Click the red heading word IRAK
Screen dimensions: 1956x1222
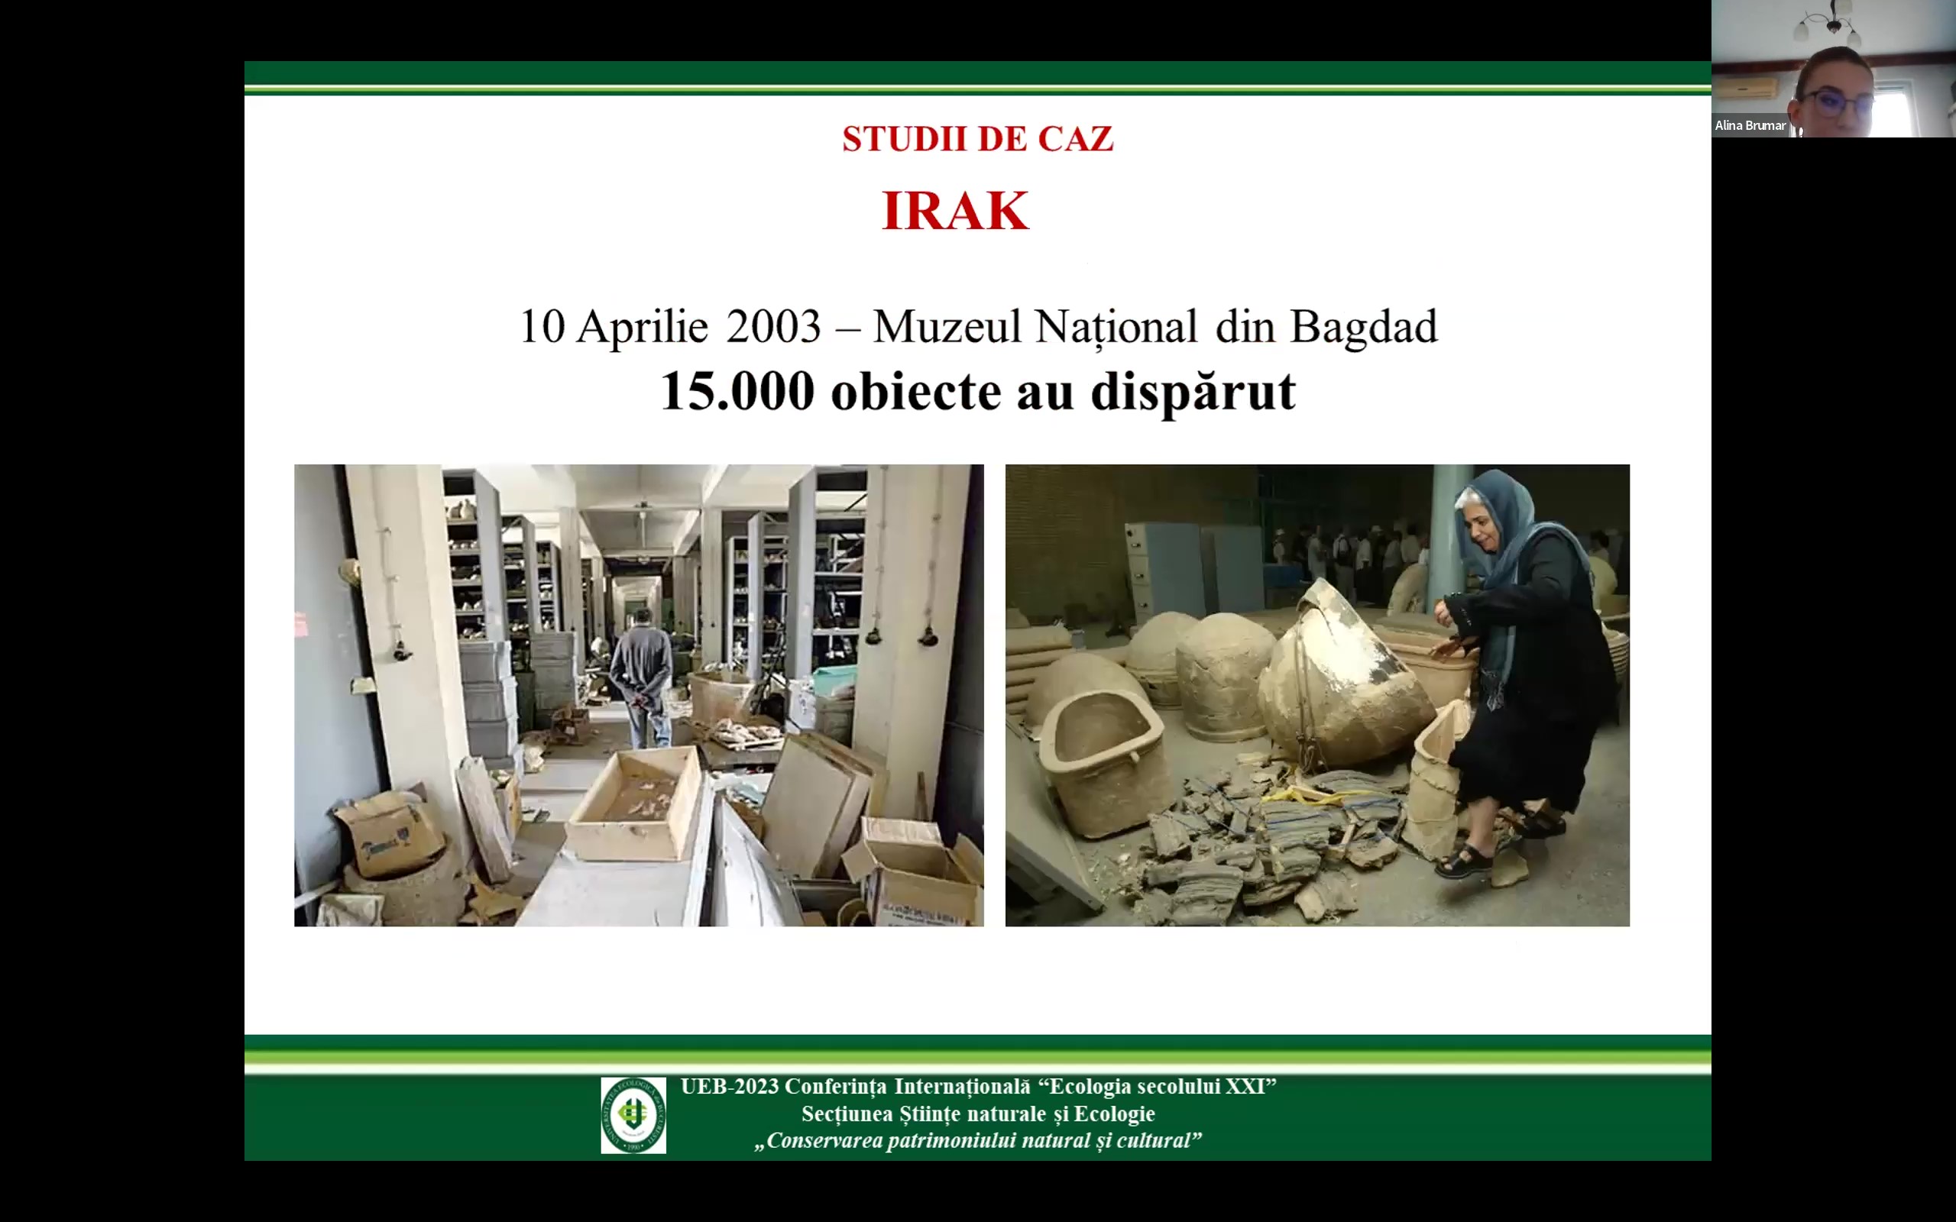point(955,211)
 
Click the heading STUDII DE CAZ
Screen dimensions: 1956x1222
point(978,139)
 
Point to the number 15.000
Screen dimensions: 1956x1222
point(737,391)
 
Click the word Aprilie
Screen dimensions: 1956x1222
point(642,328)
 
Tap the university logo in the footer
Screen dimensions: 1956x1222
point(633,1114)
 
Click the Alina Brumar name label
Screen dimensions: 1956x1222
point(1750,125)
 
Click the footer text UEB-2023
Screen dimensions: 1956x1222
point(729,1086)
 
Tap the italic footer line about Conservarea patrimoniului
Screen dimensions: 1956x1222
point(978,1140)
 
